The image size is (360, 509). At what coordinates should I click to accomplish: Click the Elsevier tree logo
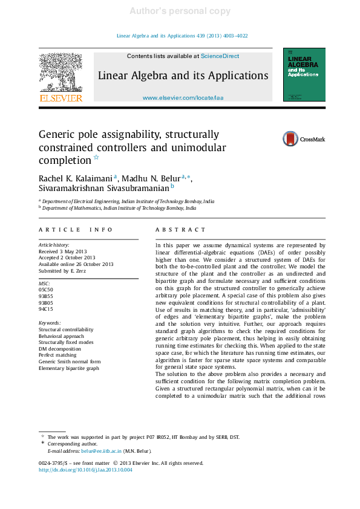tap(61, 72)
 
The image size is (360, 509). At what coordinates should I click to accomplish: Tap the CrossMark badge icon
tap(290, 139)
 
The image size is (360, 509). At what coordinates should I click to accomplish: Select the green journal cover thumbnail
tap(304, 74)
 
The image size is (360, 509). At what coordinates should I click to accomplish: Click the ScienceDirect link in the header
tap(220, 56)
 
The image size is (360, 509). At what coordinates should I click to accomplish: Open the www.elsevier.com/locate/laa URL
tap(183, 97)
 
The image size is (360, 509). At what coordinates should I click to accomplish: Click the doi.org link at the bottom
tap(85, 470)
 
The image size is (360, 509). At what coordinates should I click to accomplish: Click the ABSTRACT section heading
tap(180, 230)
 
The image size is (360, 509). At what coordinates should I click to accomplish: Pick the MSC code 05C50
tap(46, 290)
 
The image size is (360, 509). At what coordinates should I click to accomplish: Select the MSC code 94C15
tap(46, 310)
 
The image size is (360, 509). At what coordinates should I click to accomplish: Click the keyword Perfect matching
tap(58, 355)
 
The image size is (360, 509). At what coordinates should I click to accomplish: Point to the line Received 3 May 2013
tap(63, 251)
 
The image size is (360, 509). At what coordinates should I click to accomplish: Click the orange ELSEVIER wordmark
tap(61, 98)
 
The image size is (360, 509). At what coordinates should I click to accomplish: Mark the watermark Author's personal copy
tap(180, 11)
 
